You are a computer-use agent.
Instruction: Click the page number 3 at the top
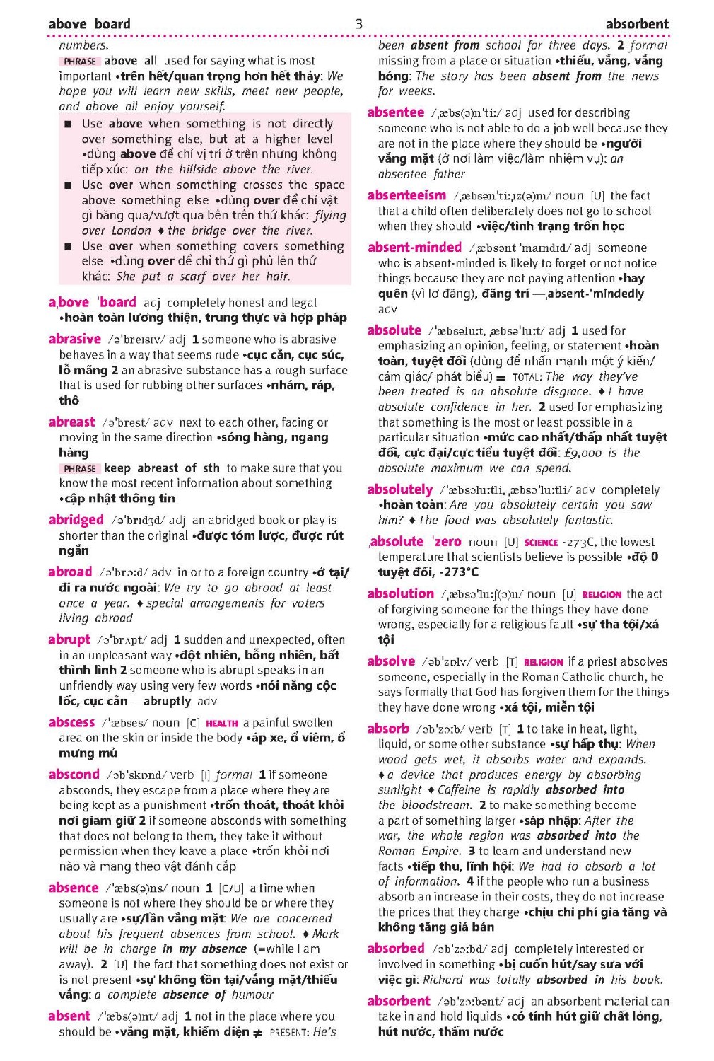point(358,24)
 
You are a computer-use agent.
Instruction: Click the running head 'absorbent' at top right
point(636,24)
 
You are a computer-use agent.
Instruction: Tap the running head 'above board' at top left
point(90,24)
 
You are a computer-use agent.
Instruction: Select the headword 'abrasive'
point(75,339)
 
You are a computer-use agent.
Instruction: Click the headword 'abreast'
point(71,422)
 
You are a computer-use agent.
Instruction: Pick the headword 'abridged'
point(76,520)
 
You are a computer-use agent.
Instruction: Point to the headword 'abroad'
point(70,572)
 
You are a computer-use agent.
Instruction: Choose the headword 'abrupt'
point(69,639)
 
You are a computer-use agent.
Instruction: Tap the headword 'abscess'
point(71,722)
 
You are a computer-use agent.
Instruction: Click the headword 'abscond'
point(74,774)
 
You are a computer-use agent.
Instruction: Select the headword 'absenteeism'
point(406,195)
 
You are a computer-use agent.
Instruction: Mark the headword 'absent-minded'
point(414,247)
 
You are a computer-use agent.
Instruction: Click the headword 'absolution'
point(400,593)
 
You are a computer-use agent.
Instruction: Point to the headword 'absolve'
point(391,661)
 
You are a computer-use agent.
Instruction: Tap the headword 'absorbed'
point(396,948)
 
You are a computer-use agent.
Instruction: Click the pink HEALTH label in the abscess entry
point(222,724)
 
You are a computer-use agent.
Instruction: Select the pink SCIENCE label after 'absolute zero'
point(541,543)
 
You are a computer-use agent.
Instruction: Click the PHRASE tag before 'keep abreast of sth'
point(80,468)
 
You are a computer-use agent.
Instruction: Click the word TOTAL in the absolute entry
point(527,377)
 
